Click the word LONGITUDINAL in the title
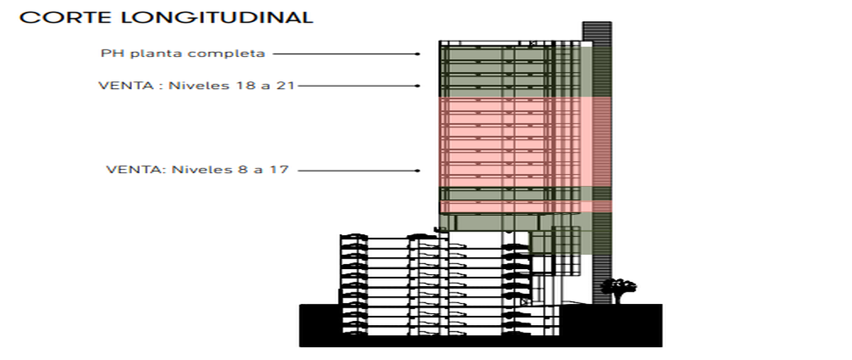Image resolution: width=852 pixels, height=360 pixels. coord(217,18)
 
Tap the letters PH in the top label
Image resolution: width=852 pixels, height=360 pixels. coord(112,53)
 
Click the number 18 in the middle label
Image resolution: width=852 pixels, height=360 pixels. coord(245,86)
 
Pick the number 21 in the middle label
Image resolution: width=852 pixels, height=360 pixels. coord(285,86)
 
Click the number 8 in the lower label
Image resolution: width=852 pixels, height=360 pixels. coord(243,170)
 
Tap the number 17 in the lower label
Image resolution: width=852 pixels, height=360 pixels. coord(280,170)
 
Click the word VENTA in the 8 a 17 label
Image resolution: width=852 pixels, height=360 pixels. coord(136,170)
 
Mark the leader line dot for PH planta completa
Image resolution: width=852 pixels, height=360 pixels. coord(418,54)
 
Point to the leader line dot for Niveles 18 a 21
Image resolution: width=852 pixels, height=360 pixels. coord(418,86)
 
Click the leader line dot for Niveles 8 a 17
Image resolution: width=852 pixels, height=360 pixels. coord(418,171)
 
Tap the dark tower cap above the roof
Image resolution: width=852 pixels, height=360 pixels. coord(597,31)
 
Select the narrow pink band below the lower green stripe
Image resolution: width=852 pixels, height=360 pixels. coord(525,207)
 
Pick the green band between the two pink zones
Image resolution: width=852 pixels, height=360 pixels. coord(525,194)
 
